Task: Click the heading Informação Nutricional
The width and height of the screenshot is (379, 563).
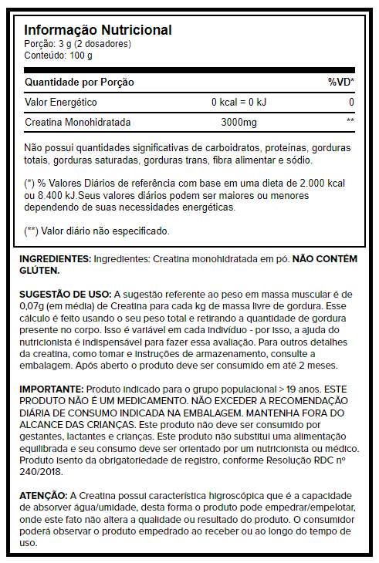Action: (x=98, y=30)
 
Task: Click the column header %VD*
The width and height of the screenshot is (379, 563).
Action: (x=340, y=82)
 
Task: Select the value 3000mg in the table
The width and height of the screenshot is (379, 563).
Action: (x=239, y=123)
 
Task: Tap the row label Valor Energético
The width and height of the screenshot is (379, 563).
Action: (x=62, y=103)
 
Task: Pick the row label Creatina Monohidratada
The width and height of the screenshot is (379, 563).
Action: (x=78, y=123)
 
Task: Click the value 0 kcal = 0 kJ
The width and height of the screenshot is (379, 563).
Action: (x=239, y=103)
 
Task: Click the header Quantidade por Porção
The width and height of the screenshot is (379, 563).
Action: (x=80, y=82)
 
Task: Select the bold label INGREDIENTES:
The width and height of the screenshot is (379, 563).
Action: (x=55, y=260)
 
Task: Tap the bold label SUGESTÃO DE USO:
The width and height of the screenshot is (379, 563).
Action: (x=66, y=295)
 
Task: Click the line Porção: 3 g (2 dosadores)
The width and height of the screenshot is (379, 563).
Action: (x=78, y=44)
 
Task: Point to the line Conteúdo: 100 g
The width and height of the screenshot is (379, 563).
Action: (x=59, y=56)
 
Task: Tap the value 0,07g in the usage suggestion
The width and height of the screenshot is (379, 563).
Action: (x=34, y=306)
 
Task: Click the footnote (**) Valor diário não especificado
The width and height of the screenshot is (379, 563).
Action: (x=97, y=231)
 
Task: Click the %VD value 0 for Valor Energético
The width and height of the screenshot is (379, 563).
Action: (x=350, y=103)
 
